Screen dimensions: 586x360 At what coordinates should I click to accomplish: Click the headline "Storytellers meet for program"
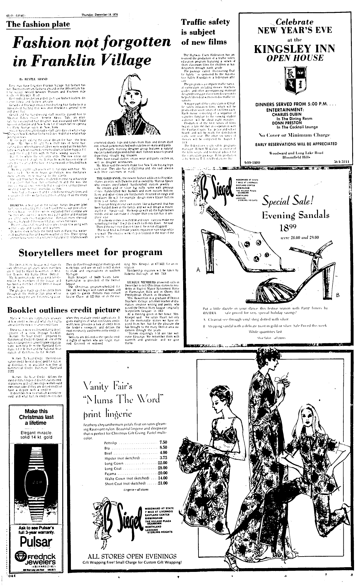(91, 252)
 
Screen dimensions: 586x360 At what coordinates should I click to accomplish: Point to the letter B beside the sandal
(338, 295)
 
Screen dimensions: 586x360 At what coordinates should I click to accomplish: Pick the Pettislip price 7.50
(163, 442)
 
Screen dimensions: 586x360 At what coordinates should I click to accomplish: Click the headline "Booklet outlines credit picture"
(64, 310)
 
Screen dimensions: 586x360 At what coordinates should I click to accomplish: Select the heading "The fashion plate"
(38, 24)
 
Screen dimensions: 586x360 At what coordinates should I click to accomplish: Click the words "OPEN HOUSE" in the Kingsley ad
(294, 58)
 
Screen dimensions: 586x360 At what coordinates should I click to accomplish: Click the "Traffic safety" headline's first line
(205, 22)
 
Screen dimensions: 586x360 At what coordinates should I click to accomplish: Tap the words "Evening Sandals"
(295, 215)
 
